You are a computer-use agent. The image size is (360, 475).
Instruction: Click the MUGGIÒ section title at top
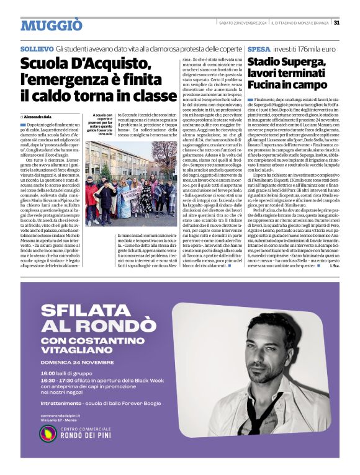click(51, 25)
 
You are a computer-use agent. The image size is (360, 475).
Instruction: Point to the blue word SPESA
click(258, 48)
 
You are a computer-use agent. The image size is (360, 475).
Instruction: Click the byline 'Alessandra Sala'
click(39, 117)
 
